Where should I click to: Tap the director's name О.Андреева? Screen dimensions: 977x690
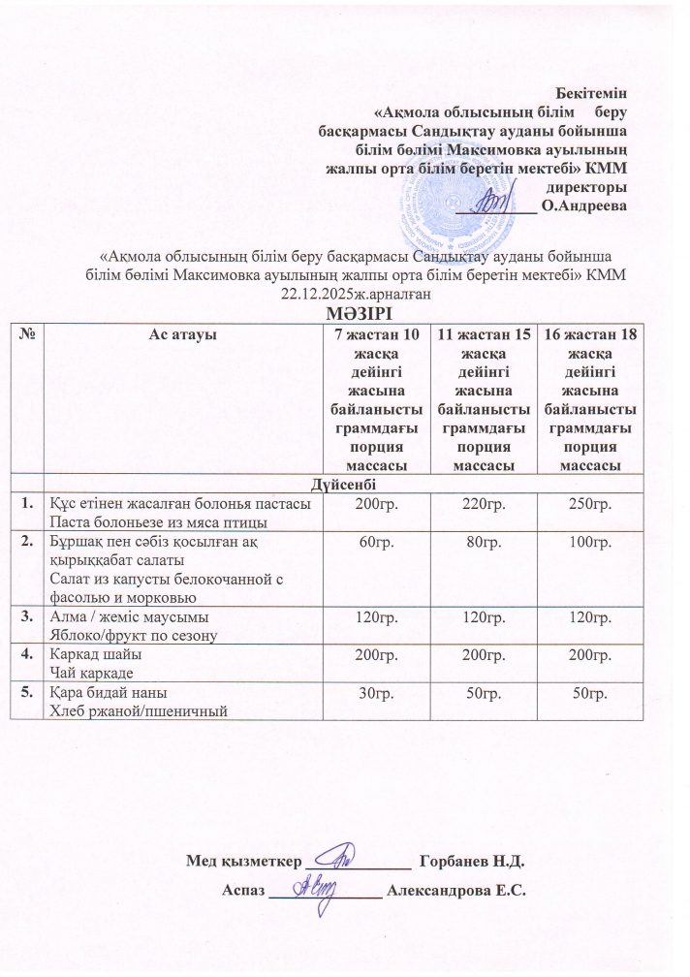(584, 205)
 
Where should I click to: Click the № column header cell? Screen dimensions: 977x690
(28, 333)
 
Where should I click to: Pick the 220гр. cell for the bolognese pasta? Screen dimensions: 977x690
(481, 504)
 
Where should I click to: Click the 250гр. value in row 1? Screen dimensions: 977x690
(590, 504)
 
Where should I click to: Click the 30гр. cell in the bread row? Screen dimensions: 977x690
(374, 694)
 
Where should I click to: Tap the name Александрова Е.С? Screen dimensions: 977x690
(455, 891)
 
